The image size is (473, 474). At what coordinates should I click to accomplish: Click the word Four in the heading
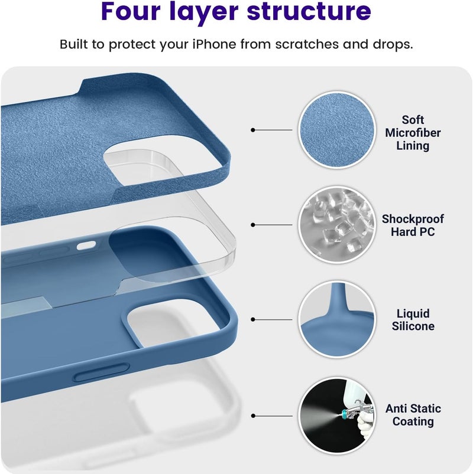[131, 11]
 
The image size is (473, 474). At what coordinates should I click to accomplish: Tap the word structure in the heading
[309, 11]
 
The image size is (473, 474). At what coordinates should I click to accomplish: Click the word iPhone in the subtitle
[215, 44]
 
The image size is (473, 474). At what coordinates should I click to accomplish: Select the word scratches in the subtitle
[307, 44]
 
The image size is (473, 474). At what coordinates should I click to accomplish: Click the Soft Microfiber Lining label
[413, 133]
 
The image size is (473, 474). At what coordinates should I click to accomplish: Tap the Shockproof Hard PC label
[413, 225]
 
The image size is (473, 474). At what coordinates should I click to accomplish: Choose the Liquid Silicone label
[413, 319]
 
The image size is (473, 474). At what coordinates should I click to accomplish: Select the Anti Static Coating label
[413, 415]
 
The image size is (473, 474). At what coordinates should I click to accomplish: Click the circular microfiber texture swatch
[337, 130]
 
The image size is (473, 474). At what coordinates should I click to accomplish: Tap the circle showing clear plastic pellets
[337, 225]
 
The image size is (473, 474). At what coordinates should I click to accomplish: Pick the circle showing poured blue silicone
[337, 319]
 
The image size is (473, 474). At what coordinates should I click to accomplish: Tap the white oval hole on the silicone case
[86, 246]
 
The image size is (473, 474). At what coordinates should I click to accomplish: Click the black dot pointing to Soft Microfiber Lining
[253, 130]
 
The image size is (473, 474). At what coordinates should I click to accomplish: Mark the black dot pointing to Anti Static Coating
[253, 416]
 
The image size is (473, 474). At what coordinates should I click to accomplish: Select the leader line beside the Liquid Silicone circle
[273, 319]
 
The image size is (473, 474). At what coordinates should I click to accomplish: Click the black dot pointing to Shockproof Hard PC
[253, 225]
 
